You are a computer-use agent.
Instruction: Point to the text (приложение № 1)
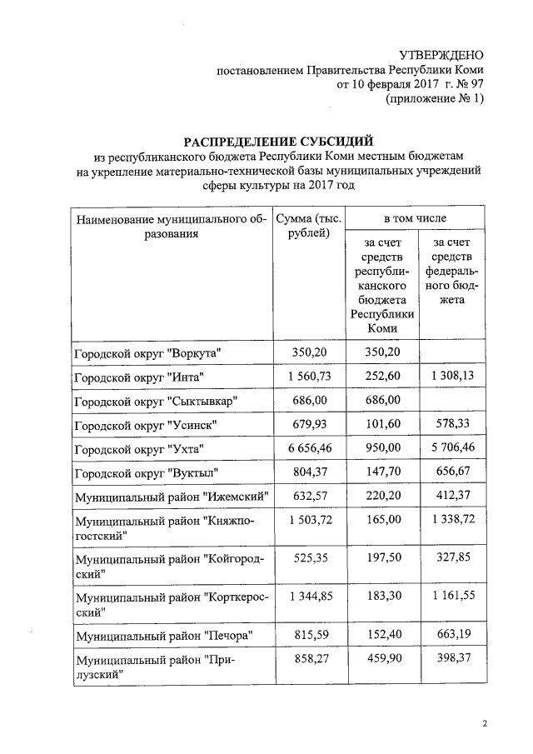click(435, 99)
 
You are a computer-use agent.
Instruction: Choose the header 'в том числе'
click(415, 218)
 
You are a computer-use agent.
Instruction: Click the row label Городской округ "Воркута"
click(152, 354)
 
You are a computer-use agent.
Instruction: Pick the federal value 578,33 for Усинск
click(450, 425)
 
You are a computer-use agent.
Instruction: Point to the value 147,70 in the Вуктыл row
click(382, 472)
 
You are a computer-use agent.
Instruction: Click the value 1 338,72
click(450, 521)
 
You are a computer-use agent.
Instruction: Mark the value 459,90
click(382, 660)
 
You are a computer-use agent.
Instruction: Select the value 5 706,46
click(450, 449)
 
